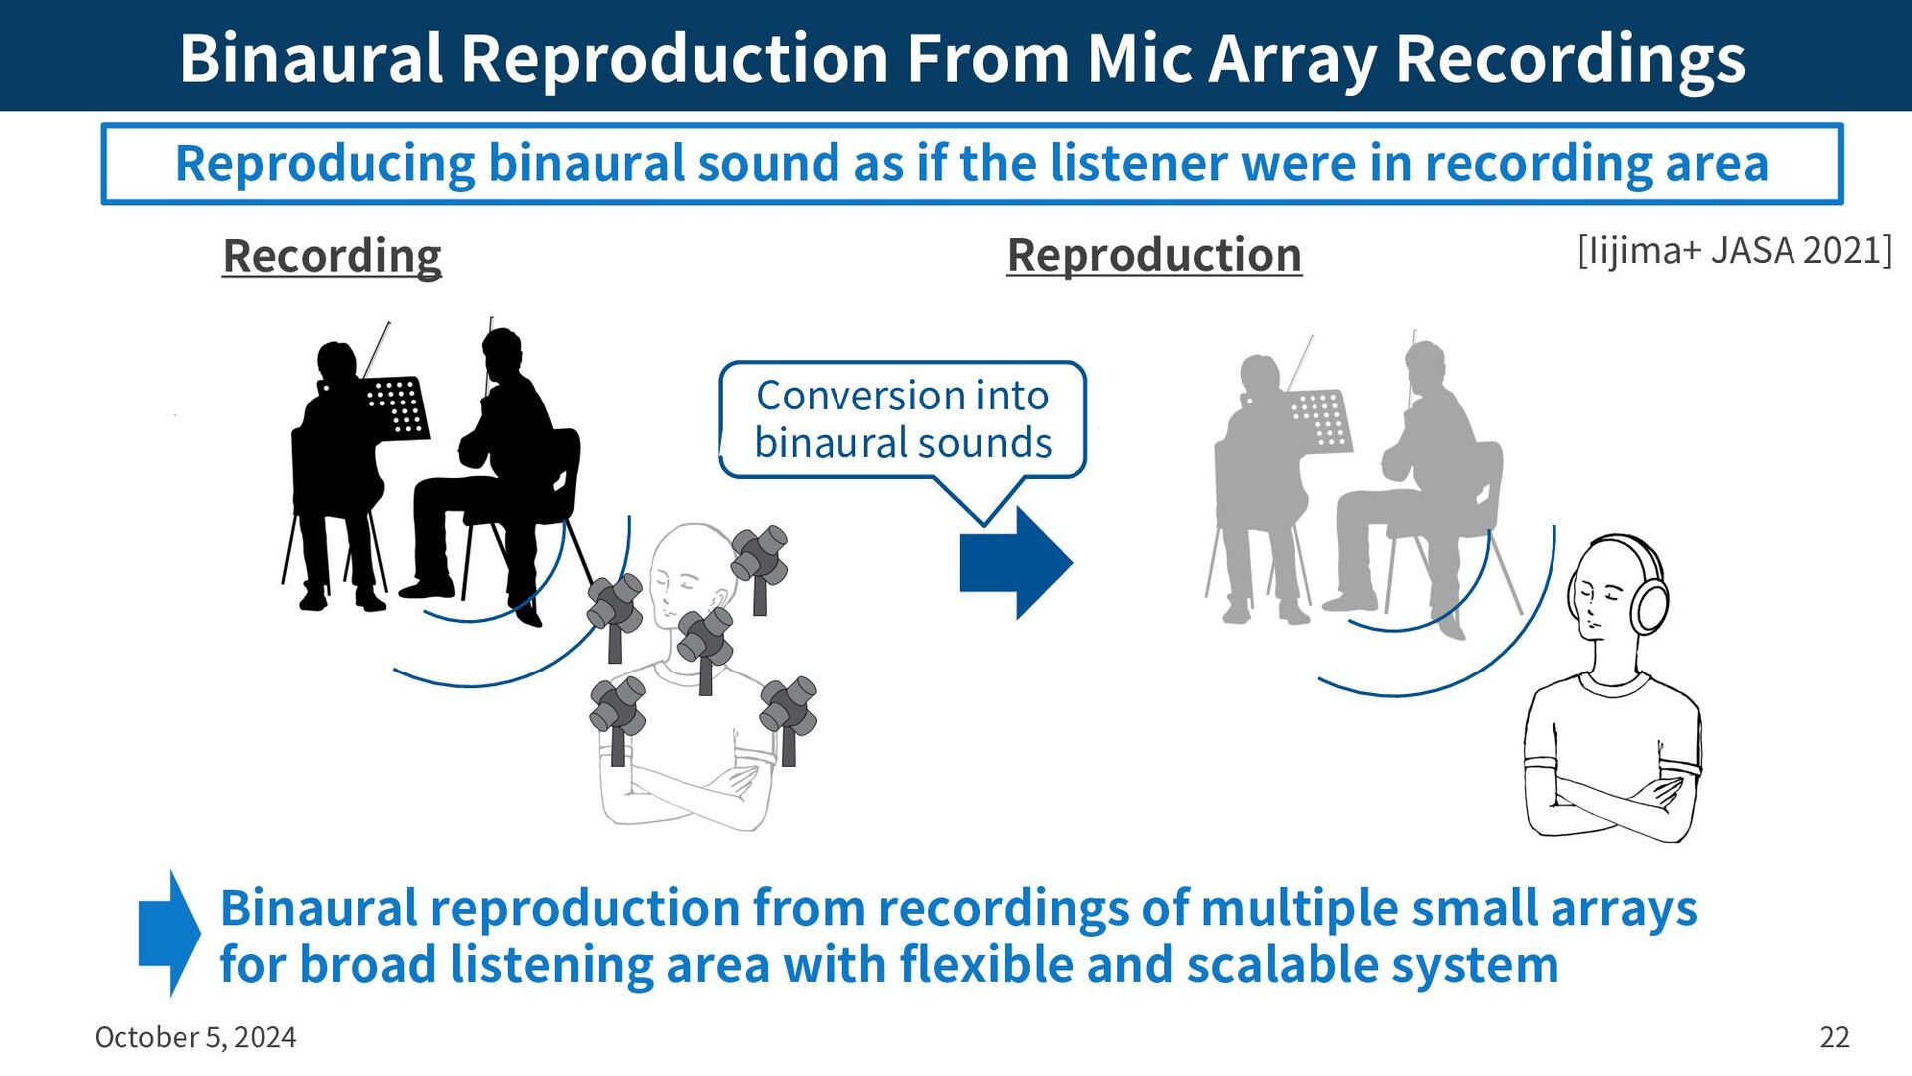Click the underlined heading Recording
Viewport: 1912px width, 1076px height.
332,256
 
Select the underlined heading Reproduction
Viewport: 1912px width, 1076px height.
1153,255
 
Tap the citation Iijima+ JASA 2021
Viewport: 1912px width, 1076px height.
1734,251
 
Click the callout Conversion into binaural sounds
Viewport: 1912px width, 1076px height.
902,419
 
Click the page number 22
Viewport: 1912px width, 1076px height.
1834,1037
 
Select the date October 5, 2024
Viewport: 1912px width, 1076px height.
195,1037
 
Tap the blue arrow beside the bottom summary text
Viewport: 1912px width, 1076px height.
169,934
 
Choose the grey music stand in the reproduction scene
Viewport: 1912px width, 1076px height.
1321,419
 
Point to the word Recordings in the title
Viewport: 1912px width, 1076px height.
1570,58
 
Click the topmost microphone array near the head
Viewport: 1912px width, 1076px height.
759,557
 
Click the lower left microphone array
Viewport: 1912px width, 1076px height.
617,708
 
